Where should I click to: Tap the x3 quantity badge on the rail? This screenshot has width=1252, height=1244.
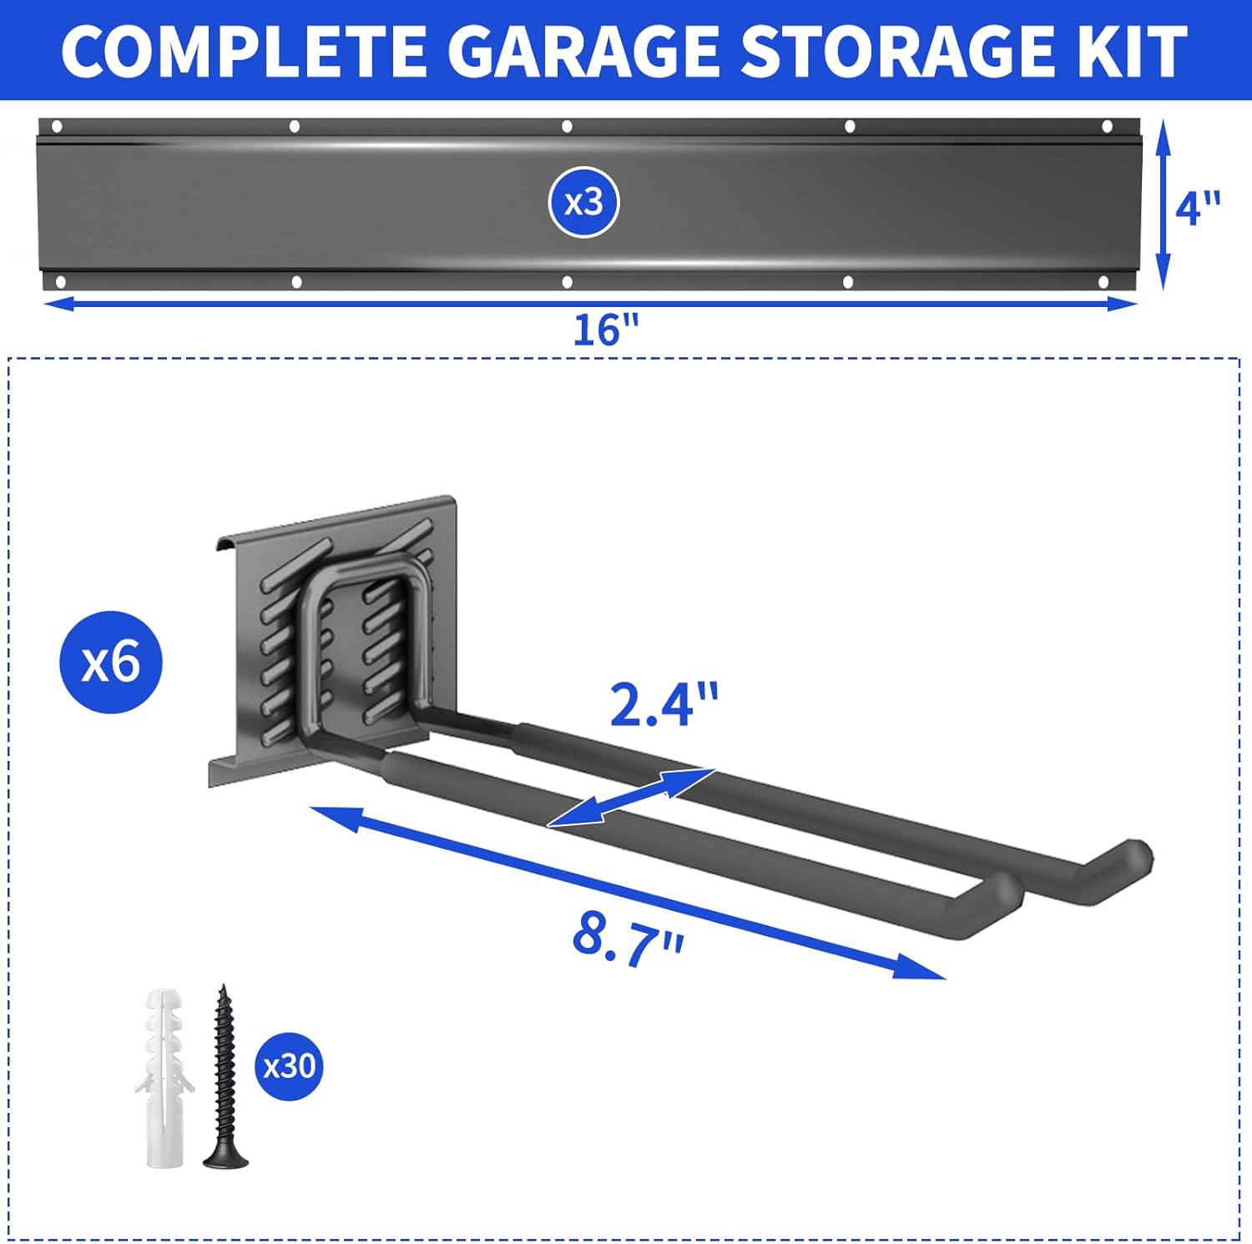coord(583,203)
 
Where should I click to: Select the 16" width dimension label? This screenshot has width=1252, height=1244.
coord(605,330)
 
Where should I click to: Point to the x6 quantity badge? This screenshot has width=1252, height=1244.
coord(111,662)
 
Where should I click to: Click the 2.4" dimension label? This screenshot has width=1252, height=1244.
coord(664,704)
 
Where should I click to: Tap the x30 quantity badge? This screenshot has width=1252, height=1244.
coord(289,1066)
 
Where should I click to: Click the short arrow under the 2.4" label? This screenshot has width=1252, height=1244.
coord(631,798)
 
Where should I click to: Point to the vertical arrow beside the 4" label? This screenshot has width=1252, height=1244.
coord(1164,204)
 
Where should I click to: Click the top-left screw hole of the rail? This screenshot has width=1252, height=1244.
coord(57,127)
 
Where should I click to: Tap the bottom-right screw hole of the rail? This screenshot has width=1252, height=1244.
coord(1103,283)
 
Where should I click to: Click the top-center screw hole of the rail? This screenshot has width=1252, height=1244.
coord(567,127)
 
